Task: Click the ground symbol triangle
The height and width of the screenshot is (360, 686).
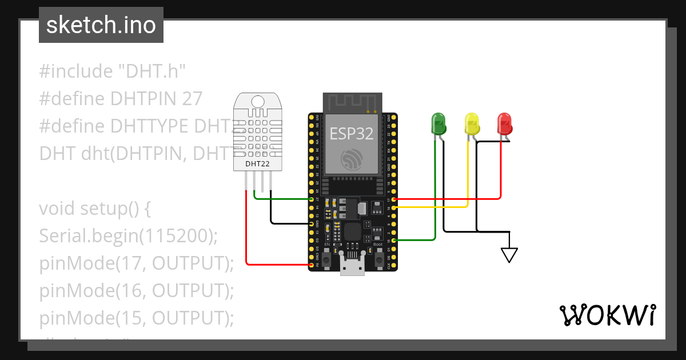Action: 509,255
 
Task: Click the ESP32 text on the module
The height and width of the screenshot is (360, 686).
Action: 352,134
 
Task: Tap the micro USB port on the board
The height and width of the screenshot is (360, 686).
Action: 352,265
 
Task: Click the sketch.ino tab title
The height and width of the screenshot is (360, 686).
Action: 101,25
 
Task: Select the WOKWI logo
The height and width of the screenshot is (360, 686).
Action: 607,315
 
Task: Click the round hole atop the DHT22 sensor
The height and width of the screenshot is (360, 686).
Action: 257,102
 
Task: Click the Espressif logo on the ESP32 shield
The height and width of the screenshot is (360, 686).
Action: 352,159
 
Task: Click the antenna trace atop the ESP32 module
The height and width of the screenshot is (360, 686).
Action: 352,103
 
